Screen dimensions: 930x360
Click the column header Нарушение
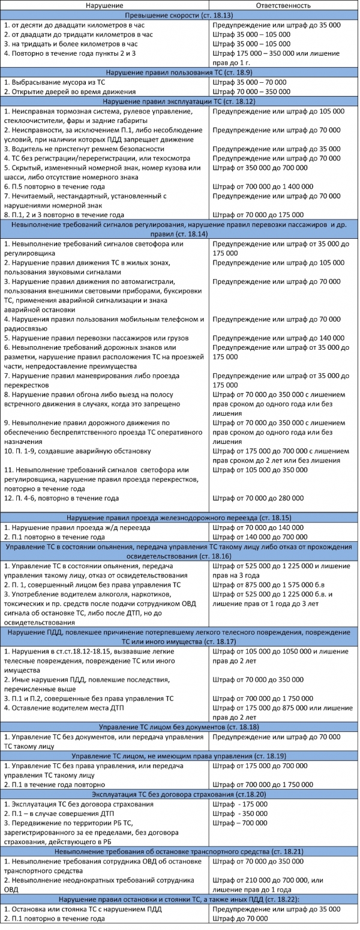(x=105, y=5)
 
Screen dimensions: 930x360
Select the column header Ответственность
(x=283, y=5)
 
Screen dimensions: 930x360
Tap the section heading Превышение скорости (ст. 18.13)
(x=179, y=16)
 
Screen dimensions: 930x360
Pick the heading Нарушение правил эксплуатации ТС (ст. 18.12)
(x=179, y=101)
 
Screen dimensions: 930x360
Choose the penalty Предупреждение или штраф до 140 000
(x=278, y=338)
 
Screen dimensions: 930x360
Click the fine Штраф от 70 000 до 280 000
(x=258, y=498)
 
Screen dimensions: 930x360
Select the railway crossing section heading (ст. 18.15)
(x=179, y=517)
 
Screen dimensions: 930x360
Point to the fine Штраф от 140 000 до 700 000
(x=259, y=536)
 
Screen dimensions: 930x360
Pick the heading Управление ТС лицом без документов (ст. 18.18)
(x=179, y=727)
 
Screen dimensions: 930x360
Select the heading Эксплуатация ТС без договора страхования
(x=179, y=794)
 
